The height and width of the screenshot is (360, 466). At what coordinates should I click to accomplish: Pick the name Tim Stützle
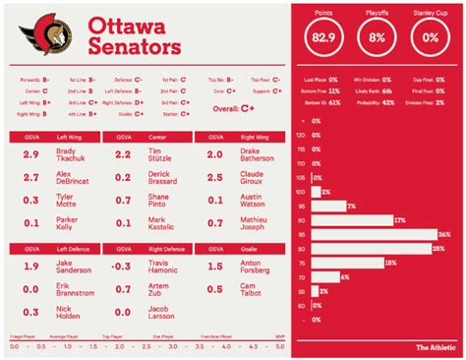[159, 155]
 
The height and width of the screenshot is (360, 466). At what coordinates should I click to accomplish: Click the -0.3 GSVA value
[121, 266]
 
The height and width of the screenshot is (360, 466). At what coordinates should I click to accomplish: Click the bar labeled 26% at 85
[375, 235]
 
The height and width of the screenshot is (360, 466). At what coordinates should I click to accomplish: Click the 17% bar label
[399, 221]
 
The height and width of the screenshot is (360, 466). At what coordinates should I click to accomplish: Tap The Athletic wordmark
[434, 346]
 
